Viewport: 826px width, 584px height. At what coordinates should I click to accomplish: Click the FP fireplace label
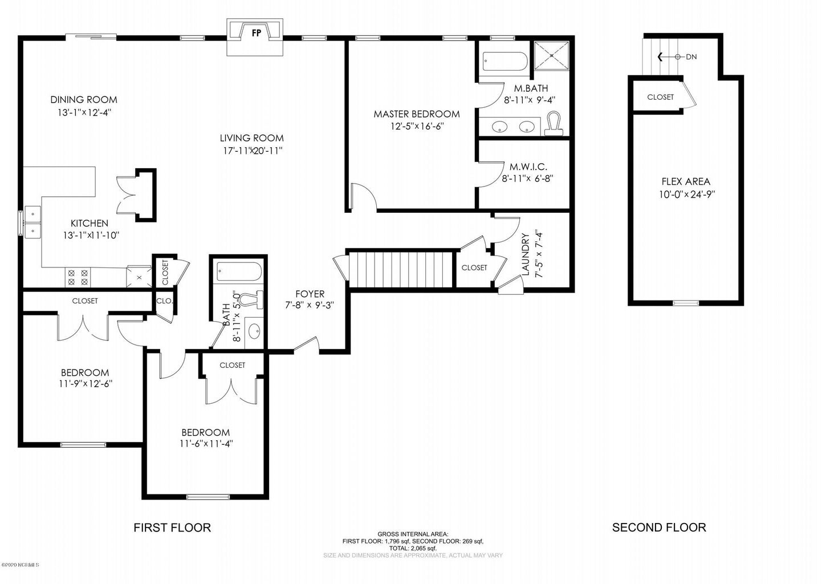[256, 33]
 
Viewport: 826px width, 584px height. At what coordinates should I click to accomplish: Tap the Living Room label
[251, 138]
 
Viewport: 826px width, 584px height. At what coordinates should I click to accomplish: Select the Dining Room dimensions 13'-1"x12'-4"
[84, 113]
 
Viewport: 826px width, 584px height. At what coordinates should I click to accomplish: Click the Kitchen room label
[89, 224]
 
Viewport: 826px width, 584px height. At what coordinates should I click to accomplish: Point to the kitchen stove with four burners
[78, 277]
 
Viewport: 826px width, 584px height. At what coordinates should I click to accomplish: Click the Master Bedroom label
[416, 114]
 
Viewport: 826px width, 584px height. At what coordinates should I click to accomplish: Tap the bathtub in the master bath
[504, 62]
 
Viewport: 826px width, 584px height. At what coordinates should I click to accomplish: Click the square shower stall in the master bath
[552, 56]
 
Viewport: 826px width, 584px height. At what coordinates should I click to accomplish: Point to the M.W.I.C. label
[528, 167]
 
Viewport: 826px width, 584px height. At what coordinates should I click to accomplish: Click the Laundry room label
[526, 254]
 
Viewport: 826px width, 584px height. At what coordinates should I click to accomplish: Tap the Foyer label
[310, 294]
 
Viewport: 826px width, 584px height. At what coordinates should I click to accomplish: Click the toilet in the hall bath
[250, 299]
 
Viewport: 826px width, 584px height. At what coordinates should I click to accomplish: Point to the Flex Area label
[685, 182]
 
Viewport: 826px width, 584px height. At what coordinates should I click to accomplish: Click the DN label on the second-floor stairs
[691, 57]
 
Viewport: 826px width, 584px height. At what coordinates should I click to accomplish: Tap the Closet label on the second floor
[660, 98]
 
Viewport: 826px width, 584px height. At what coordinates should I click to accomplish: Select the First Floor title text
[172, 528]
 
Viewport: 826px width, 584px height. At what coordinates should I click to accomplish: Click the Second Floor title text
[659, 528]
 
